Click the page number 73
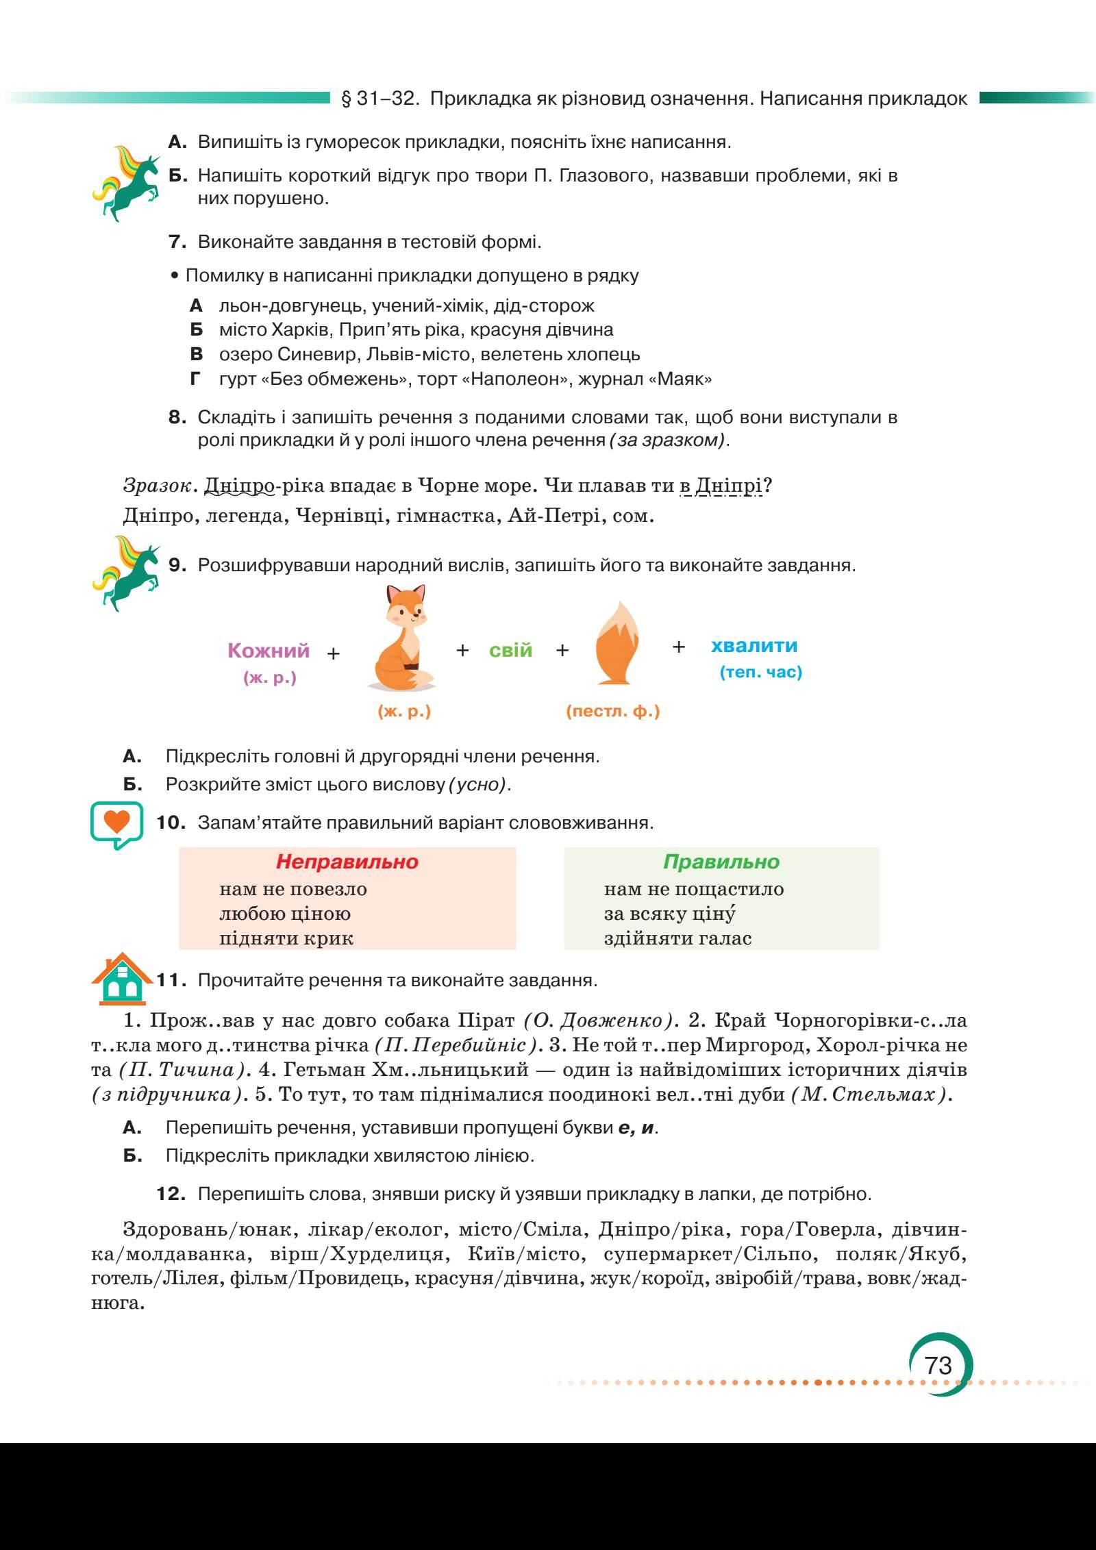click(938, 1364)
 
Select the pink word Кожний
click(269, 651)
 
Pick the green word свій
click(510, 650)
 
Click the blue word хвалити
click(754, 645)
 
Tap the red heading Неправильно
click(347, 861)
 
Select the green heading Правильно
click(721, 861)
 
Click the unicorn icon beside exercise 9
click(126, 573)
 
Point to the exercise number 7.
click(177, 242)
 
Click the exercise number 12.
click(171, 1194)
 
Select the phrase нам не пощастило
click(693, 889)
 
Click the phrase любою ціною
click(285, 914)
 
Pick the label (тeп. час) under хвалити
click(760, 672)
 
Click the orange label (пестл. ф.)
click(612, 712)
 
